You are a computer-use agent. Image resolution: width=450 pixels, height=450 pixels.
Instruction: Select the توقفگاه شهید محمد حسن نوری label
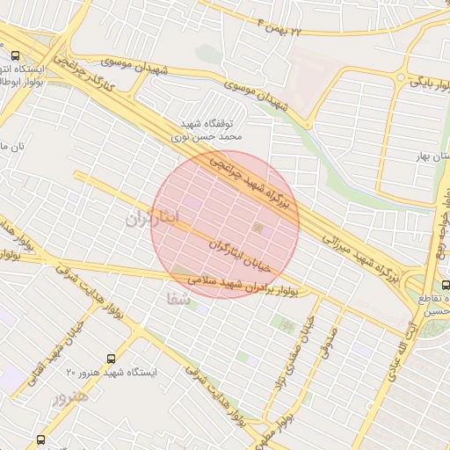210,130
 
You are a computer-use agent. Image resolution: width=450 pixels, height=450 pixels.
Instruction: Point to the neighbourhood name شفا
178,299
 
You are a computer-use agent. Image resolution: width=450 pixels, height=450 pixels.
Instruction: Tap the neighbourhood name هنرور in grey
70,398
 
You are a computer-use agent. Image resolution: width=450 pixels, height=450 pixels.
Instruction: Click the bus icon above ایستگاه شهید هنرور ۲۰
111,359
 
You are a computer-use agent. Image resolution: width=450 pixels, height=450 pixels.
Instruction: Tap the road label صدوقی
329,335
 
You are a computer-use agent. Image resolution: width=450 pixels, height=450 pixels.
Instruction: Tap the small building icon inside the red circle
257,229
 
